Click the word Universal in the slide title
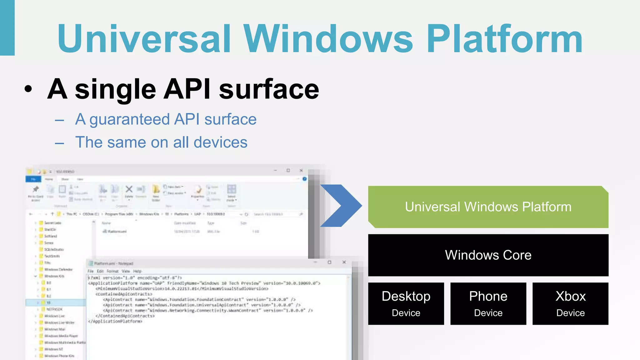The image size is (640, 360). click(x=144, y=39)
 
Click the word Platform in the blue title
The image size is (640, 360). click(x=504, y=39)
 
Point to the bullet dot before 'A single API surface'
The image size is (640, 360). click(x=28, y=89)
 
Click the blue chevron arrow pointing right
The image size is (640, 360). click(x=341, y=206)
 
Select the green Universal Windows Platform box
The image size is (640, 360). click(x=488, y=207)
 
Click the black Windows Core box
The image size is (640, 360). click(x=488, y=255)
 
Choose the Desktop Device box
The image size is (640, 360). click(x=406, y=303)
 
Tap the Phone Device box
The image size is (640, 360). click(x=488, y=303)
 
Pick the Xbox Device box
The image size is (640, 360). click(x=570, y=303)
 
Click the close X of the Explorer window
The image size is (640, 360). click(x=301, y=171)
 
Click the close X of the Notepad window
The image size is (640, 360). click(x=344, y=262)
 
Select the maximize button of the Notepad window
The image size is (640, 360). click(x=329, y=262)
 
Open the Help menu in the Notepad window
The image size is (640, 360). click(x=137, y=271)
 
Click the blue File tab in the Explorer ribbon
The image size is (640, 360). click(x=33, y=179)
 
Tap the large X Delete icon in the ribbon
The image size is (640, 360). click(x=129, y=189)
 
